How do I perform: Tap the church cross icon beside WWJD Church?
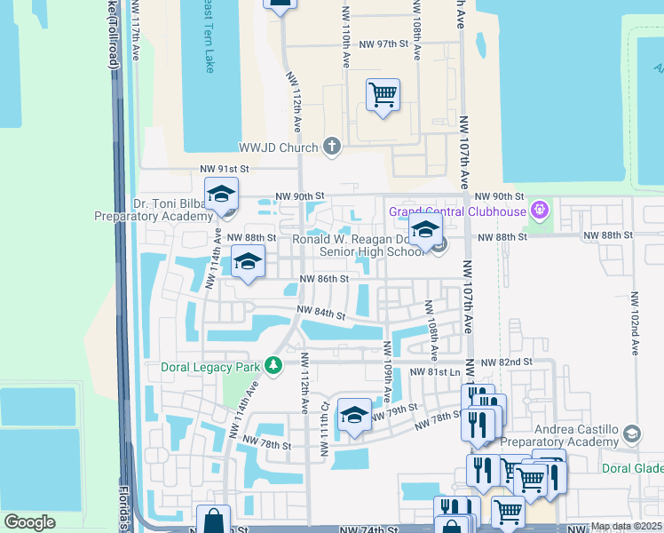[x=332, y=147]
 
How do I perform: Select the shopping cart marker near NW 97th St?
[x=383, y=94]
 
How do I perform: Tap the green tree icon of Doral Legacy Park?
[x=274, y=365]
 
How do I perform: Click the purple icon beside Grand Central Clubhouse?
[x=537, y=211]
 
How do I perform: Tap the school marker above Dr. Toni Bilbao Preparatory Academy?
[x=221, y=193]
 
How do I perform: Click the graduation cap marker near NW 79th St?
[x=354, y=414]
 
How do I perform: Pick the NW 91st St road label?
[x=225, y=169]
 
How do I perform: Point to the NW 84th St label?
[x=320, y=313]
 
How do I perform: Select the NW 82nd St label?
[x=506, y=362]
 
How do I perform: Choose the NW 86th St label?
[x=321, y=279]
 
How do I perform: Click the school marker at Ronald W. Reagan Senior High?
[x=425, y=230]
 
